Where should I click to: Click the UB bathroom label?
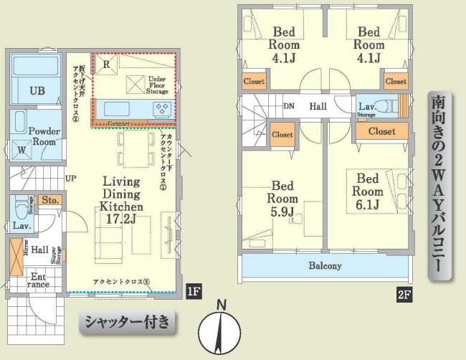(x=37, y=90)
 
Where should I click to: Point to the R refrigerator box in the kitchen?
(x=106, y=64)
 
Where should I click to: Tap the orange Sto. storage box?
(x=49, y=200)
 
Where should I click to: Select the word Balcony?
(x=325, y=265)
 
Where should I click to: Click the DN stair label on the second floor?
(x=288, y=106)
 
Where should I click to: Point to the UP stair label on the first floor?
(x=71, y=178)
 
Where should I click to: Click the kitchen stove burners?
(x=162, y=109)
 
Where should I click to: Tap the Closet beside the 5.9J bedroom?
(x=282, y=134)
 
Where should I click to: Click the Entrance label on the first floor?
(x=39, y=280)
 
